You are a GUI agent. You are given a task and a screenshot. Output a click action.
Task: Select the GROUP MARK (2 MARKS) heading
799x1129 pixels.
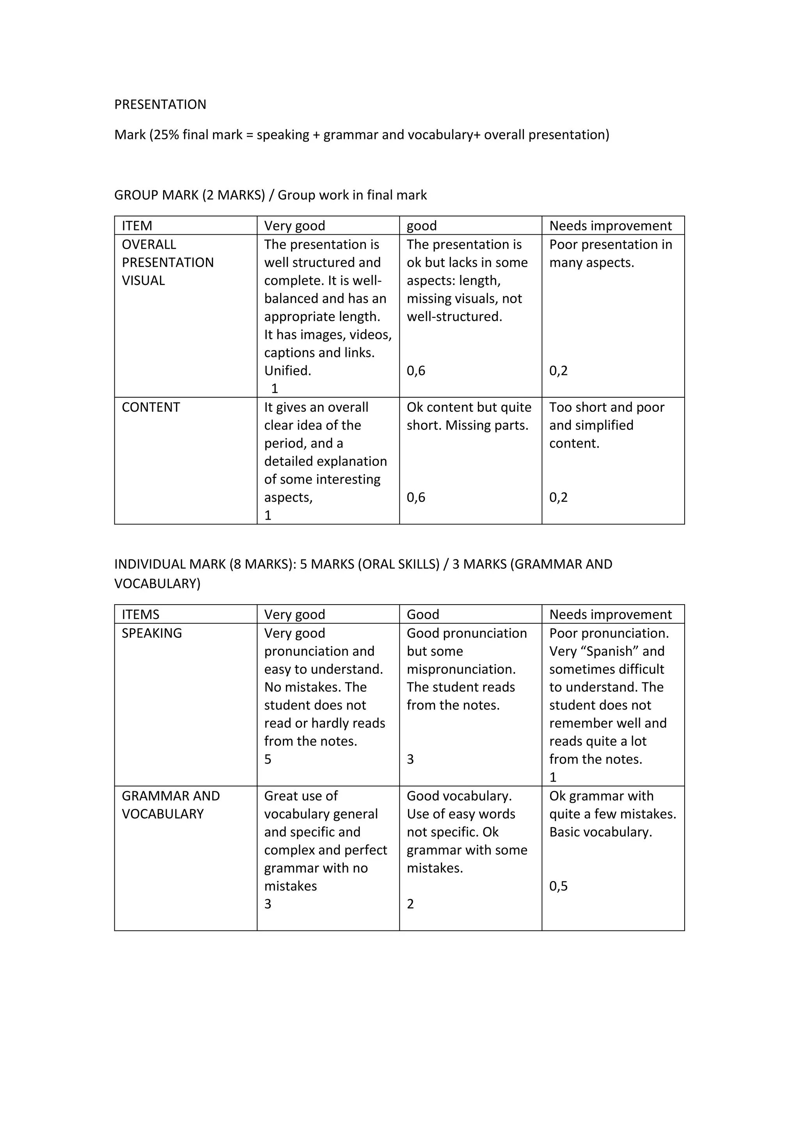click(190, 195)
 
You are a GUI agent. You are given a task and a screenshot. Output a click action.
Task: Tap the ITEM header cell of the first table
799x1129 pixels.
click(137, 226)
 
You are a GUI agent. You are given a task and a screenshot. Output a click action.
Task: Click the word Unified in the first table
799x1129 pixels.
click(287, 370)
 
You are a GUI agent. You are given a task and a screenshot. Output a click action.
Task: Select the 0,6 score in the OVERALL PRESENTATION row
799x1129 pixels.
click(416, 370)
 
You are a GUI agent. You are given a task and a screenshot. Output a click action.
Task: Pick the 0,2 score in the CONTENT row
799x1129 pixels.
click(558, 497)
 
